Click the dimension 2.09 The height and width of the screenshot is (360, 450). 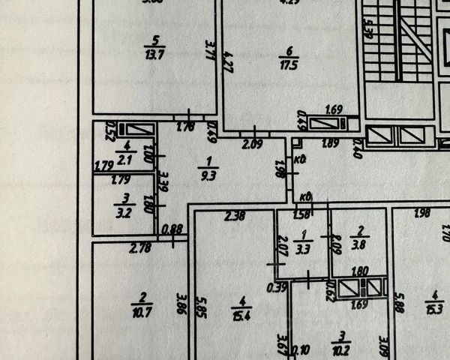pos(253,143)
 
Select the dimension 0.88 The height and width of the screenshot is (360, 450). pos(172,229)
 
